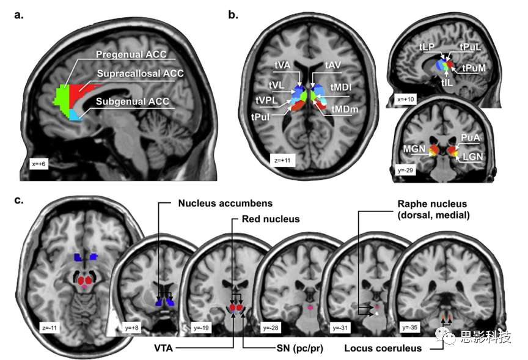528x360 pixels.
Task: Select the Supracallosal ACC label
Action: tap(139, 73)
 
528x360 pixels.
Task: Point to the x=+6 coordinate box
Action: tap(40, 163)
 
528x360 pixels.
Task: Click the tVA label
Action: tap(282, 64)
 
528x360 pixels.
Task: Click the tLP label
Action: tap(426, 46)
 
